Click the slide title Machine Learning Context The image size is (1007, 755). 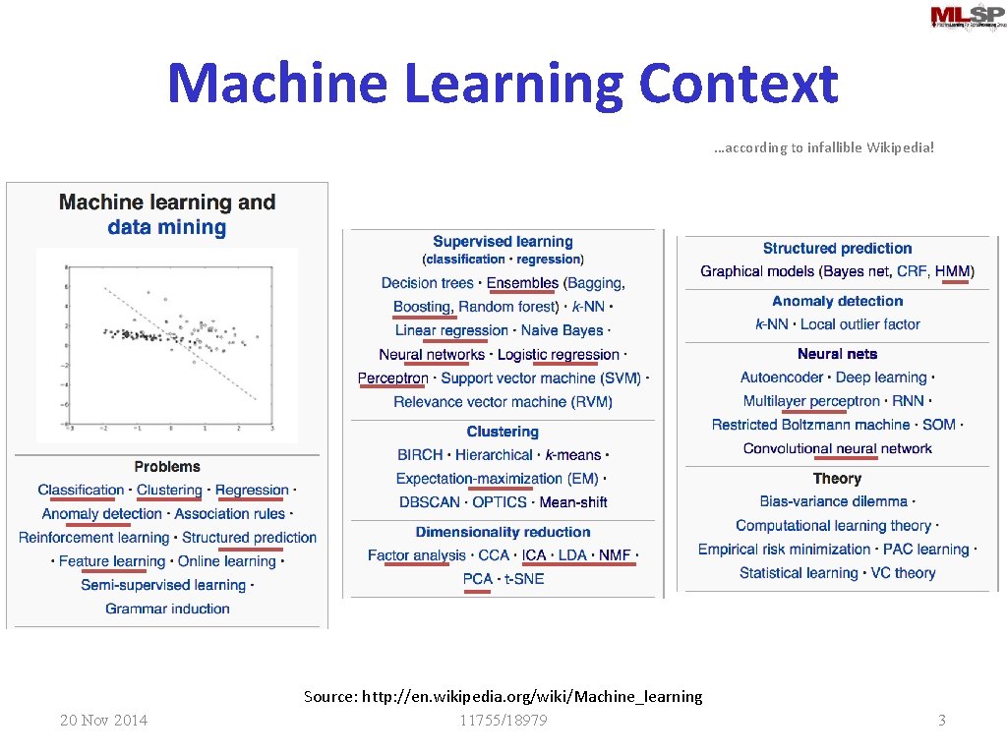(x=503, y=83)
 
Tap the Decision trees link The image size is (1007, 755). (x=428, y=283)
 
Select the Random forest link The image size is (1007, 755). (x=507, y=307)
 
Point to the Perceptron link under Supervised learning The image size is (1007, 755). (x=393, y=378)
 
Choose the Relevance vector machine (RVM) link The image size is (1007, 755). (x=503, y=402)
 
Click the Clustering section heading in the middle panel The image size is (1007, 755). (x=503, y=432)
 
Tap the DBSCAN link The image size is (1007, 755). (x=430, y=502)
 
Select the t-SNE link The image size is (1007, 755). (x=524, y=579)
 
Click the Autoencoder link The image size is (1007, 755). (x=782, y=377)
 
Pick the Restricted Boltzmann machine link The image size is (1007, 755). (x=811, y=425)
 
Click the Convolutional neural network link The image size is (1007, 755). (x=838, y=448)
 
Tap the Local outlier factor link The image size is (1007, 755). (x=860, y=324)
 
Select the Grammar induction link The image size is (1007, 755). (x=168, y=609)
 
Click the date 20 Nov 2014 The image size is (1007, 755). (x=103, y=721)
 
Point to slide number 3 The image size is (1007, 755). (x=941, y=721)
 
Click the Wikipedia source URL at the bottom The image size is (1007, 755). (x=532, y=697)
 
